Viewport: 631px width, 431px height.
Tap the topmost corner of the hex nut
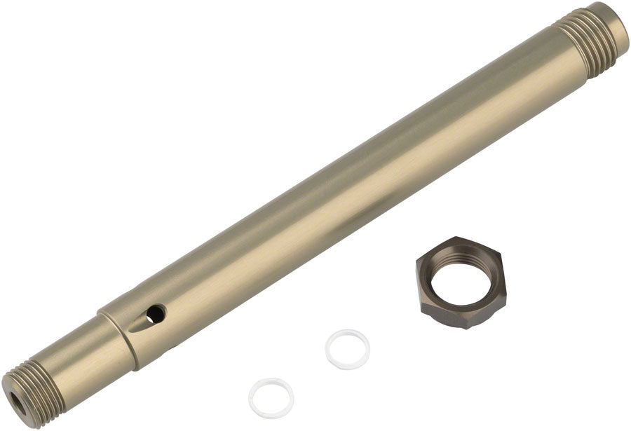click(x=456, y=238)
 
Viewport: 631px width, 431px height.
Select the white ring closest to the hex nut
click(x=348, y=349)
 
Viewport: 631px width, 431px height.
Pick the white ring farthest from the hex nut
click(x=271, y=398)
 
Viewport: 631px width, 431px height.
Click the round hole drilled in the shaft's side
click(x=156, y=313)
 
